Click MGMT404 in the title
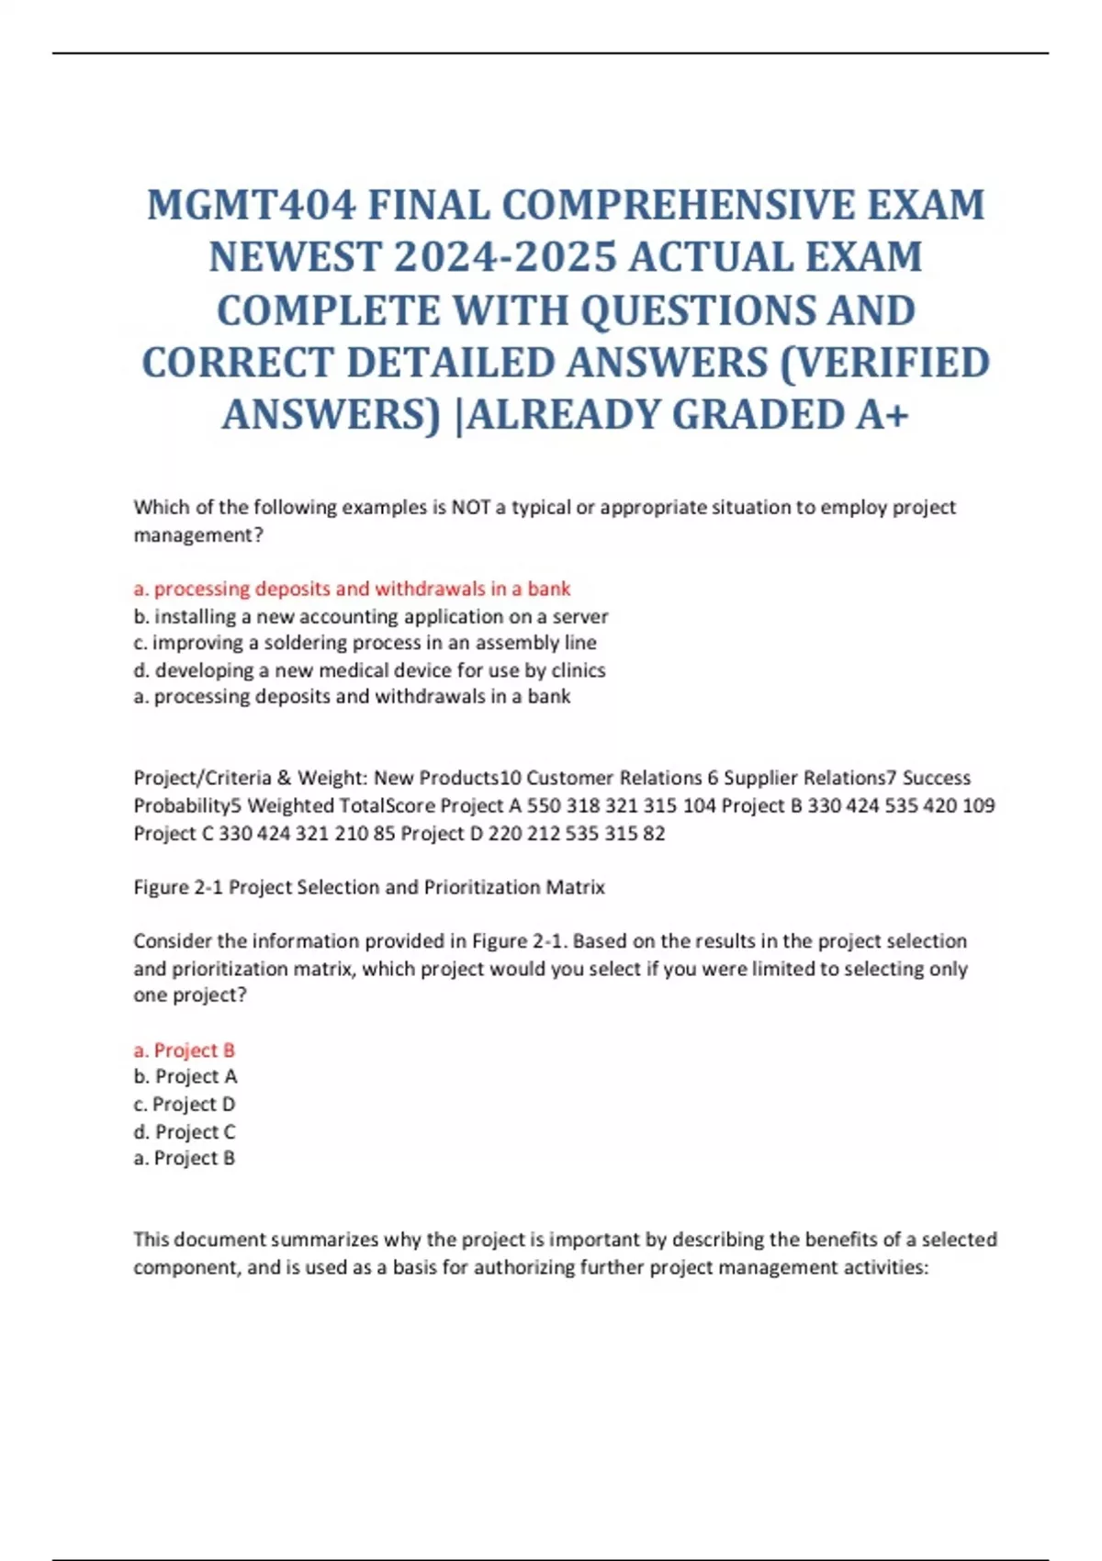[251, 205]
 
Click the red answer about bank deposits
[352, 589]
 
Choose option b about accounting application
[371, 616]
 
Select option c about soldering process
[365, 643]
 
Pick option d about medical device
[369, 670]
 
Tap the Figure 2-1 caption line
[369, 887]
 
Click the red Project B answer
[185, 1050]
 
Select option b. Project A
[186, 1076]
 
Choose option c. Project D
[185, 1104]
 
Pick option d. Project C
[185, 1131]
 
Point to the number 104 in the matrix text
[699, 805]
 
